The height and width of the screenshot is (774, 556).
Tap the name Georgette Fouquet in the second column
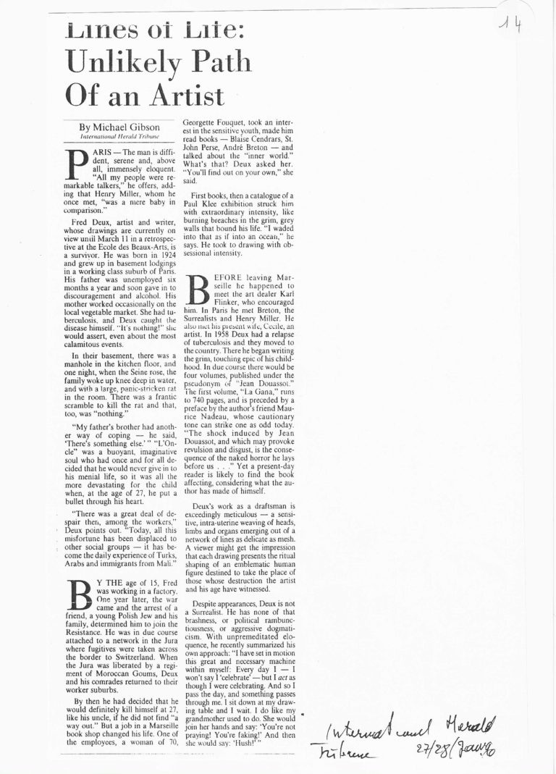(214, 124)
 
